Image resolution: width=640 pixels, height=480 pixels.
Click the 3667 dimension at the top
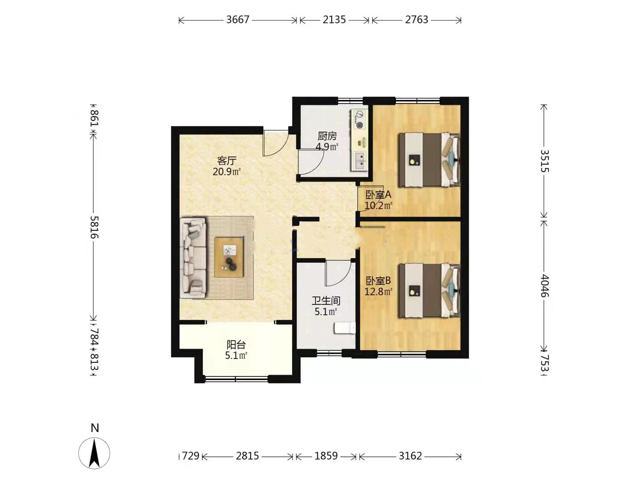(238, 20)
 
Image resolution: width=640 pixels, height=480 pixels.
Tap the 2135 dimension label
(334, 20)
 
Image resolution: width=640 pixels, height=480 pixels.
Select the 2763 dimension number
(416, 20)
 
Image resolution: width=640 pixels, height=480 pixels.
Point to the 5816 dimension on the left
(94, 227)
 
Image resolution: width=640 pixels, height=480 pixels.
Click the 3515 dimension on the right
(544, 161)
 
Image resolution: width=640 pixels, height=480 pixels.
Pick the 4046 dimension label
(544, 286)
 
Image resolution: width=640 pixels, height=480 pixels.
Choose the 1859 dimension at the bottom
(326, 456)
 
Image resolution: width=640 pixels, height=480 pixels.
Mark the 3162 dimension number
(410, 456)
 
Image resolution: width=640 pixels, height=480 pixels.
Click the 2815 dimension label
(247, 456)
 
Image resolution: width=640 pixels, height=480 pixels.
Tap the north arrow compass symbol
(94, 453)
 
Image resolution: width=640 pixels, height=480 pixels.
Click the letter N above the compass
(95, 428)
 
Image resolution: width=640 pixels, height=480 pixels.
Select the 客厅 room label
(227, 160)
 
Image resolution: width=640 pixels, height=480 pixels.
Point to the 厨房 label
(327, 136)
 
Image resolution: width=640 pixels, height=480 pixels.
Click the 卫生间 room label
(326, 301)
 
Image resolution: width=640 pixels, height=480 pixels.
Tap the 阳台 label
(236, 345)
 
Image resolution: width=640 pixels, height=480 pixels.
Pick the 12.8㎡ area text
(378, 292)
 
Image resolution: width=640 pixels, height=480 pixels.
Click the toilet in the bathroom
(345, 328)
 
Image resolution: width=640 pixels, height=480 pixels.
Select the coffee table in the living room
(229, 257)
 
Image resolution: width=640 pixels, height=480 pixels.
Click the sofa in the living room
(193, 258)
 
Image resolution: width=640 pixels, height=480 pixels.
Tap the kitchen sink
(360, 161)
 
